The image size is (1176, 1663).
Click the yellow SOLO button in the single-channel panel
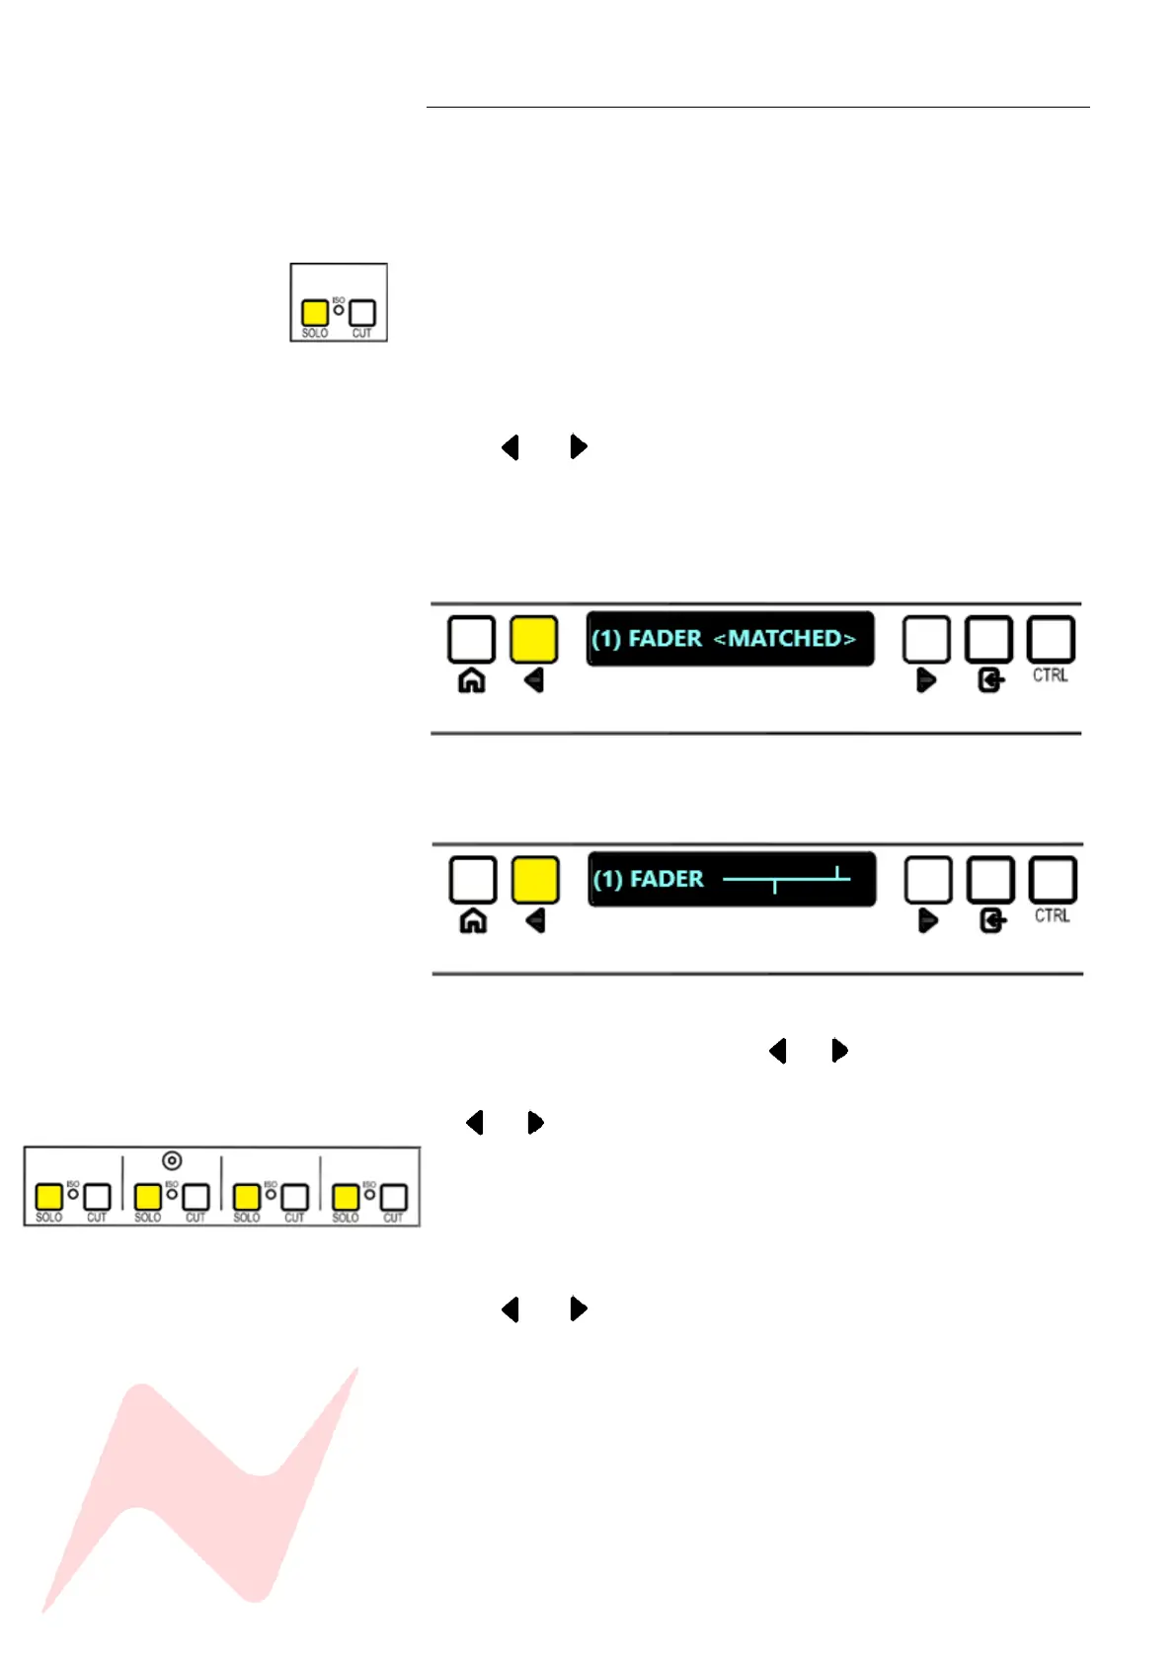click(x=314, y=313)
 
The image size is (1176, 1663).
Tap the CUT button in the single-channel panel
click(x=362, y=313)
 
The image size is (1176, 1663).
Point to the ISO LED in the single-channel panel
click(x=339, y=309)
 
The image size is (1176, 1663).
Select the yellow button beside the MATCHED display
click(x=533, y=639)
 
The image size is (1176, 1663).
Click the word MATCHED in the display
click(x=784, y=639)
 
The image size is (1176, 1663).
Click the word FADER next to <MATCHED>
click(x=665, y=639)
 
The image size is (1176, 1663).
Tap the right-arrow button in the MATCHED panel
click(x=926, y=640)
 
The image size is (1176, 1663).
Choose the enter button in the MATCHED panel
click(x=988, y=640)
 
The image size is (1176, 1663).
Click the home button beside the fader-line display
click(x=473, y=880)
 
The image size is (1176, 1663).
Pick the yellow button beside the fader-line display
click(x=535, y=880)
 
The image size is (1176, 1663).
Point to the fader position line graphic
click(x=786, y=878)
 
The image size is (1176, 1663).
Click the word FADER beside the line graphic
click(x=666, y=879)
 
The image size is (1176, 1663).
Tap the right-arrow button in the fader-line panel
click(x=928, y=880)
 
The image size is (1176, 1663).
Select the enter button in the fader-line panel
click(x=990, y=880)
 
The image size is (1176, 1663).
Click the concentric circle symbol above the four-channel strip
click(x=172, y=1160)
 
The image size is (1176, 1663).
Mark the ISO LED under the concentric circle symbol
click(x=172, y=1194)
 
